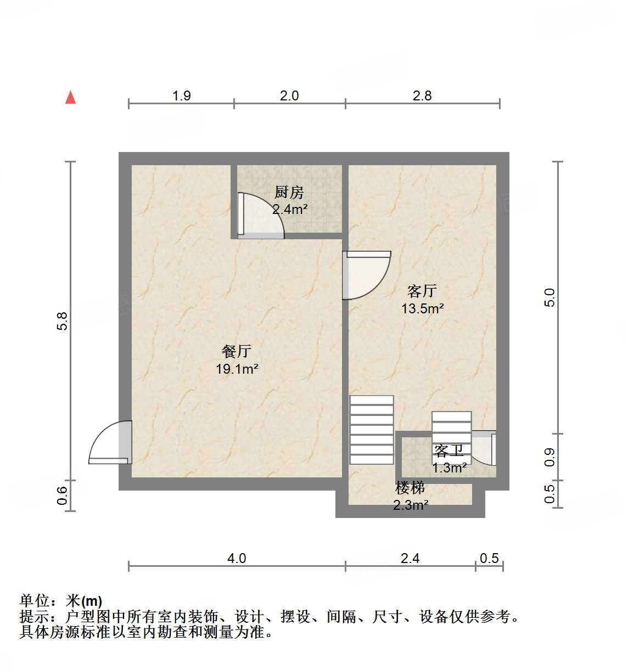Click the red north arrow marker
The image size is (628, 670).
tap(70, 97)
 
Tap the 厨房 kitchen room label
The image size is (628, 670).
tap(289, 193)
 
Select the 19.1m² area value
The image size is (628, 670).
tap(237, 369)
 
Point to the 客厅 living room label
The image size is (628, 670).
tap(422, 291)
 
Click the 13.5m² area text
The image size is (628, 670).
tap(422, 308)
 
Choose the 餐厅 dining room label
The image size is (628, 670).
tap(237, 351)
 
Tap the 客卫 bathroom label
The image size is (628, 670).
tap(449, 451)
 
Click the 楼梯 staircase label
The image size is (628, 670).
tap(410, 487)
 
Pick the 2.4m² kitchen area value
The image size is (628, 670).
tap(290, 209)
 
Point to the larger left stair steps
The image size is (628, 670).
tap(372, 430)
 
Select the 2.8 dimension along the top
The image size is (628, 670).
tap(422, 96)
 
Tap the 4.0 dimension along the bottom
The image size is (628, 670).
tap(237, 559)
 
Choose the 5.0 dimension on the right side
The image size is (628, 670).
tap(549, 297)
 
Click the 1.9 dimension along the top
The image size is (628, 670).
tap(181, 96)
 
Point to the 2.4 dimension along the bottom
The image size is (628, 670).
tap(410, 559)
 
